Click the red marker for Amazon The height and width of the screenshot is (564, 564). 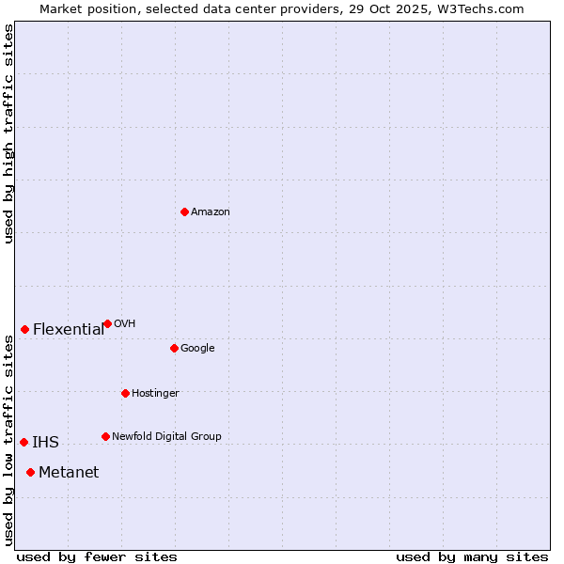tap(184, 211)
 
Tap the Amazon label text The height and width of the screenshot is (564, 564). tap(211, 212)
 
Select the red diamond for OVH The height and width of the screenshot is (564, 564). tap(107, 323)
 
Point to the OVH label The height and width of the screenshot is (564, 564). tap(125, 324)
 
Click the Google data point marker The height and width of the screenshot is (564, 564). tap(174, 348)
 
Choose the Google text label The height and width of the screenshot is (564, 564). tap(197, 349)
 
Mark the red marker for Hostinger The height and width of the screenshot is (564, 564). tap(125, 393)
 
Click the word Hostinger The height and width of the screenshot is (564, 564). tap(155, 394)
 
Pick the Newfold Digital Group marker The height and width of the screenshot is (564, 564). tap(105, 436)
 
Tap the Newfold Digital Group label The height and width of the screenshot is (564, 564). tap(166, 437)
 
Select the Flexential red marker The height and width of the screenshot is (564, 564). tap(24, 329)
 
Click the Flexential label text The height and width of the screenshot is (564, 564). tap(69, 330)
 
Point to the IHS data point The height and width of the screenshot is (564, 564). tap(23, 442)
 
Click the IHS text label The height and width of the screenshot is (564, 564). tap(45, 443)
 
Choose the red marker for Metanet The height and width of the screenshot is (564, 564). tap(30, 472)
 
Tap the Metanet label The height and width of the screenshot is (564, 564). tap(69, 473)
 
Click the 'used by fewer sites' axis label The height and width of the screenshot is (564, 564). tap(97, 556)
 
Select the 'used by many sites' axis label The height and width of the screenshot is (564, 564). tap(472, 556)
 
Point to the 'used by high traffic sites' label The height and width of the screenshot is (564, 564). tap(8, 133)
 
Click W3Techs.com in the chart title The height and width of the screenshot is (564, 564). tap(480, 8)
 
